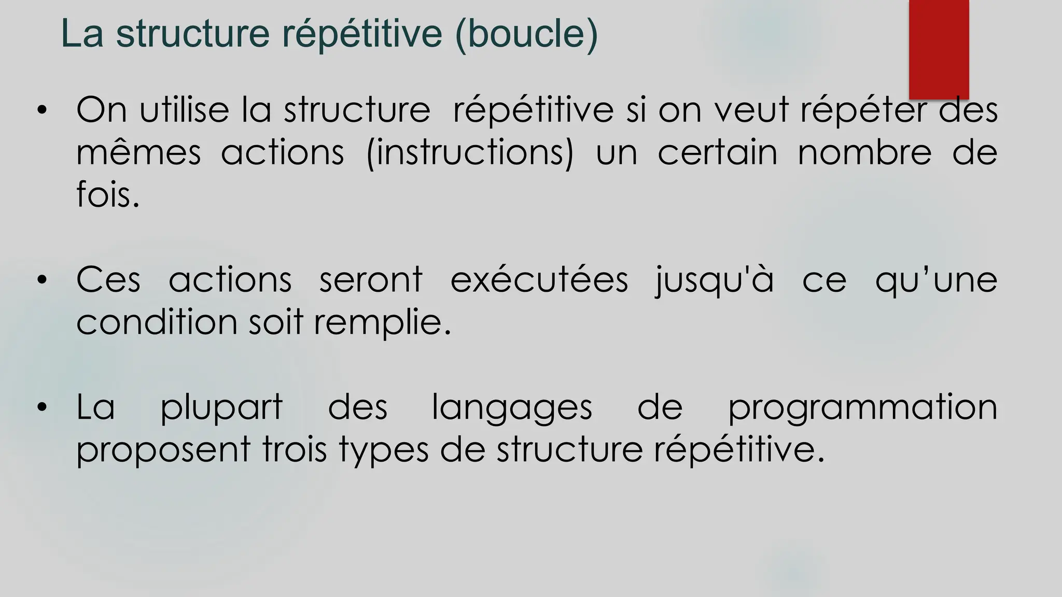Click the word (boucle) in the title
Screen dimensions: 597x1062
click(526, 34)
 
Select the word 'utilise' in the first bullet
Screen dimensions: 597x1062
click(184, 110)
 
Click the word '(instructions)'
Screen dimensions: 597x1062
click(470, 153)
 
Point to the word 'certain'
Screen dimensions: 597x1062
click(718, 153)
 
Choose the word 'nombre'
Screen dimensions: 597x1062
click(864, 153)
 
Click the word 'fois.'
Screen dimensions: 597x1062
click(108, 195)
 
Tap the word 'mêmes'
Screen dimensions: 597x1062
click(138, 153)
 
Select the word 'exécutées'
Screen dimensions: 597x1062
click(539, 280)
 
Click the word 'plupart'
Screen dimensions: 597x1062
click(221, 408)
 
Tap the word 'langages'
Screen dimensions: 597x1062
click(512, 408)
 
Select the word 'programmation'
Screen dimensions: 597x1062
click(863, 408)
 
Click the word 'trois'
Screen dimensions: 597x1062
click(295, 449)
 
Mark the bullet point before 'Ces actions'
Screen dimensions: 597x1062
click(42, 280)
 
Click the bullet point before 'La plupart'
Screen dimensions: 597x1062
click(42, 407)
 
